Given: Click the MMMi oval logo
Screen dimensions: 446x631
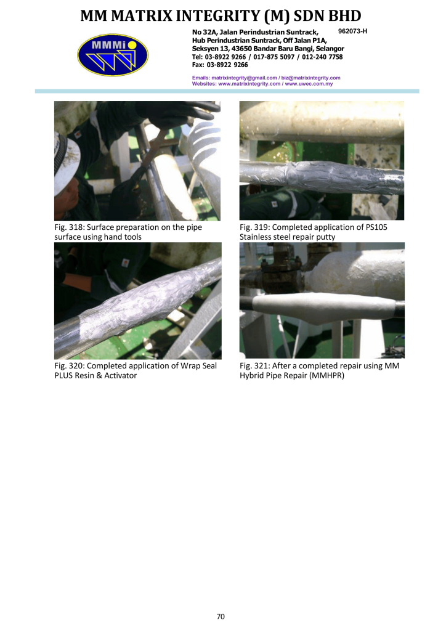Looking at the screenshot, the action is click(113, 55).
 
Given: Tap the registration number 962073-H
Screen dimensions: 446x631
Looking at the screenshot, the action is click(353, 31).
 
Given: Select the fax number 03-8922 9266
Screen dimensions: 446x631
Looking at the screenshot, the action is click(227, 65).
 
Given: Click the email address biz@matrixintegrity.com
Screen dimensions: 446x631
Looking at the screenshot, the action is click(311, 78).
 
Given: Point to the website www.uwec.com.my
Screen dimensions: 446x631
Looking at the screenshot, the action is click(309, 84).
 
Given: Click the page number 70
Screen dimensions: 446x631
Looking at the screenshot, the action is click(221, 616).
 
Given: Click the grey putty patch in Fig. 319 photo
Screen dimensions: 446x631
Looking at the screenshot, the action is click(322, 176).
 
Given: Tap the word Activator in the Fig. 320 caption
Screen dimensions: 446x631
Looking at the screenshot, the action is click(121, 375).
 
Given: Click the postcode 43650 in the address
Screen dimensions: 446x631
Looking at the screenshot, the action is click(241, 49).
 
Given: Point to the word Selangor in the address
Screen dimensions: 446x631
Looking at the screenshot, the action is click(330, 49).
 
